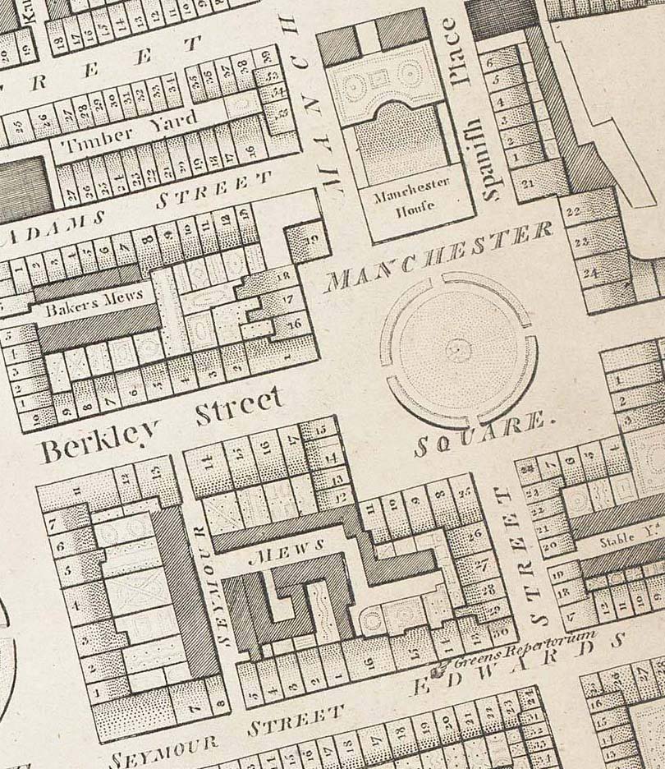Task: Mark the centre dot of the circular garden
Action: (458, 351)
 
